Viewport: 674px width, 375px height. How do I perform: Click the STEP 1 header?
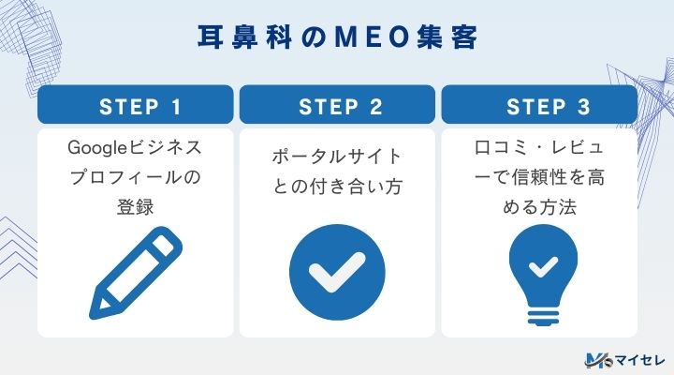click(135, 106)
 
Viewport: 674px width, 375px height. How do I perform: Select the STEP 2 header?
click(337, 106)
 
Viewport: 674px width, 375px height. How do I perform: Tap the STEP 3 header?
click(539, 106)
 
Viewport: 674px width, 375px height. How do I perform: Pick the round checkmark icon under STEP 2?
click(337, 269)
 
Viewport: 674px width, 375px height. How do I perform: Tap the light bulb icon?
click(539, 272)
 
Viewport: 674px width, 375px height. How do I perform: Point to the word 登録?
click(135, 205)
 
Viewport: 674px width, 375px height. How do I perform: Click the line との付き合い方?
click(337, 187)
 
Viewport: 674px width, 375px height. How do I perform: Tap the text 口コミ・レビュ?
click(539, 149)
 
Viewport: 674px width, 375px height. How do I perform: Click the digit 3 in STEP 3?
click(584, 106)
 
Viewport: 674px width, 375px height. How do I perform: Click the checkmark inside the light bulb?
click(539, 265)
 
